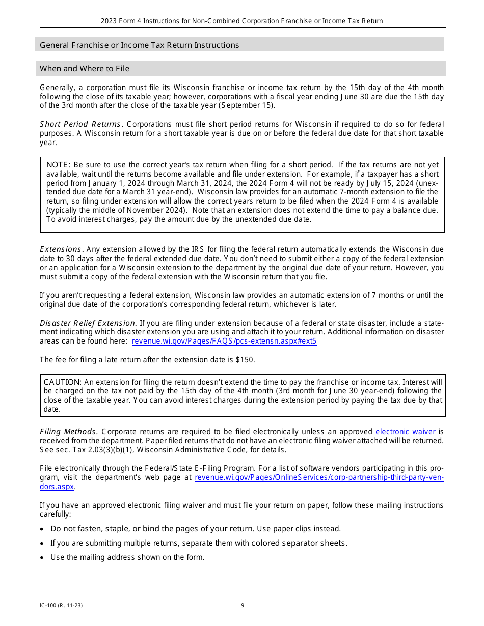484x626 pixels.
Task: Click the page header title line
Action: point(241,21)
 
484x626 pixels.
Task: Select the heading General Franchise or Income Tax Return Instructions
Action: point(139,45)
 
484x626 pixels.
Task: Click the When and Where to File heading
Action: point(85,68)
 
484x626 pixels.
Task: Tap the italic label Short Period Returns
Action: point(81,124)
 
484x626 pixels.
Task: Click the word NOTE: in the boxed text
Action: point(59,165)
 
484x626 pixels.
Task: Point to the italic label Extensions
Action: point(61,249)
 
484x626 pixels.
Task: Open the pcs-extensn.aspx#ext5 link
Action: point(224,341)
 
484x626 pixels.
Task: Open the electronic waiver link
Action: point(405,432)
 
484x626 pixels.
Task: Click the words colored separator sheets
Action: point(299,543)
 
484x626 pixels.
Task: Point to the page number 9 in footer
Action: point(243,605)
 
